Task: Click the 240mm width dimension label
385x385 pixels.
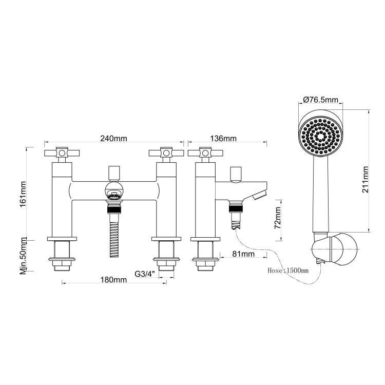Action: coord(113,139)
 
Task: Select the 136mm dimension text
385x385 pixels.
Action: coord(223,139)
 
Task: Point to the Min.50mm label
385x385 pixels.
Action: coord(23,256)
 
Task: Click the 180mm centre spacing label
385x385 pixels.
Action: coord(113,280)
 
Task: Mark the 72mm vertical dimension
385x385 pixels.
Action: coord(277,218)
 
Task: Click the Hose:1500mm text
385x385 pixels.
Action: coord(288,271)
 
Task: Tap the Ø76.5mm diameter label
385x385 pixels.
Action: coord(321,100)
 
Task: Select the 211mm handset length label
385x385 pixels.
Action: coord(365,180)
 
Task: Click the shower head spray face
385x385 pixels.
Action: coord(320,137)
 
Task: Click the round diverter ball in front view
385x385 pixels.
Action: coord(114,189)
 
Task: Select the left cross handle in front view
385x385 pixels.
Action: coord(62,153)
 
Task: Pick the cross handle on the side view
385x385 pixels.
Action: coord(205,153)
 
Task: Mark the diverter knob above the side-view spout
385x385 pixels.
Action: coord(236,174)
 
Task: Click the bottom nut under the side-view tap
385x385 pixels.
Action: coord(205,266)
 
